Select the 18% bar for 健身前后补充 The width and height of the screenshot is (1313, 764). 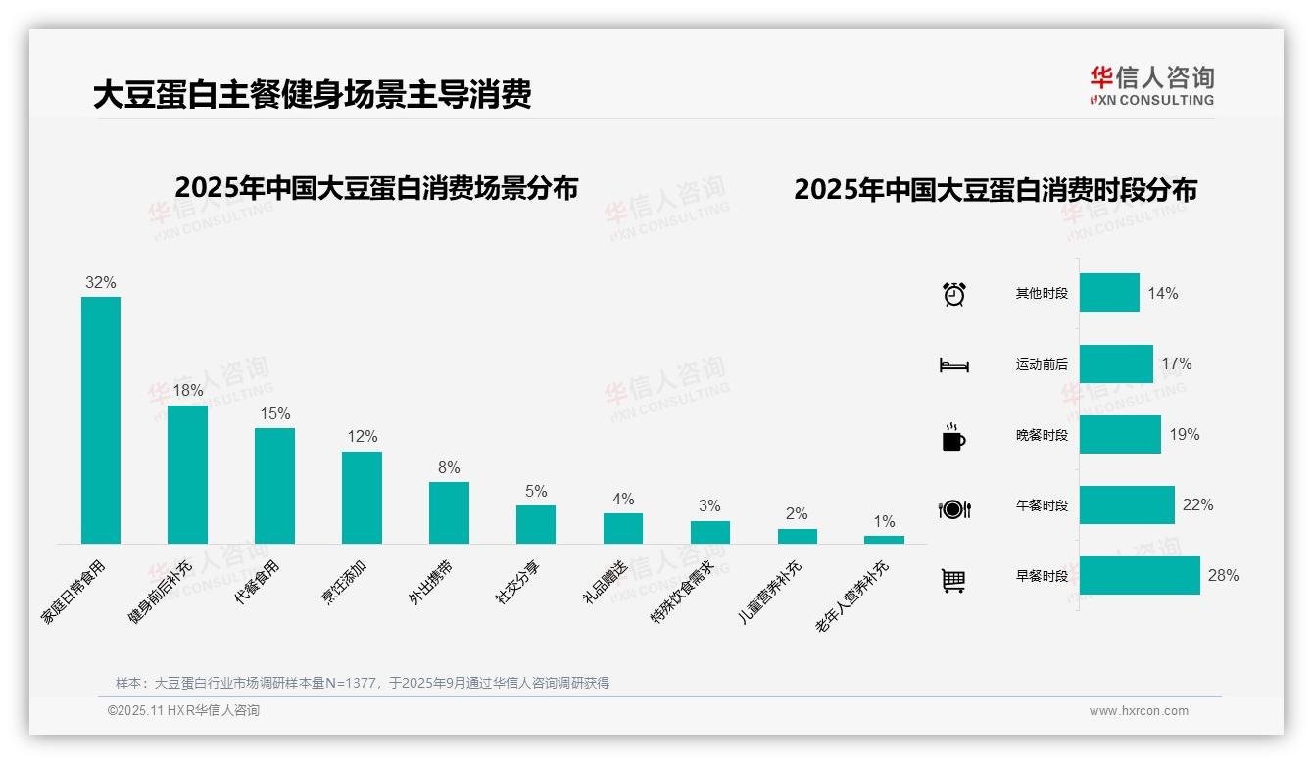[x=187, y=474]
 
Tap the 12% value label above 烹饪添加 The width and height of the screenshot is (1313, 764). [x=362, y=437]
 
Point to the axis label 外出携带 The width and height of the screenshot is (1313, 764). [x=430, y=583]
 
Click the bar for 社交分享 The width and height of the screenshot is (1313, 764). [x=536, y=524]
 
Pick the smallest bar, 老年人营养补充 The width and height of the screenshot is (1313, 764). [x=884, y=539]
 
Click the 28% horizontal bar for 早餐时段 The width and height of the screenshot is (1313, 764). [x=1140, y=575]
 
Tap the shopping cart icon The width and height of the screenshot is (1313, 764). [x=953, y=581]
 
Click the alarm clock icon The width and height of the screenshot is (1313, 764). [x=953, y=294]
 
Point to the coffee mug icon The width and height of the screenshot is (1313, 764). [x=953, y=437]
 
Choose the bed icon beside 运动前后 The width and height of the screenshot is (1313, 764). [x=953, y=365]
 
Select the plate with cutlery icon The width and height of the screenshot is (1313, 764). [x=953, y=508]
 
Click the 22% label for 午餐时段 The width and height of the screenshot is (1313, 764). [x=1197, y=505]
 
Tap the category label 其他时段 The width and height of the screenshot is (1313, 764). [x=1042, y=294]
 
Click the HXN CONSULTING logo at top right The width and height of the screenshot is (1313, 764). [x=1151, y=86]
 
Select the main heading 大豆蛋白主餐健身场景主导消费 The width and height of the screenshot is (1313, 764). [x=312, y=95]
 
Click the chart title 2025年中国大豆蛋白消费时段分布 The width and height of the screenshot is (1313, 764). [x=996, y=190]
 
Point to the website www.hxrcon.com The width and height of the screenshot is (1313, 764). [x=1139, y=711]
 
